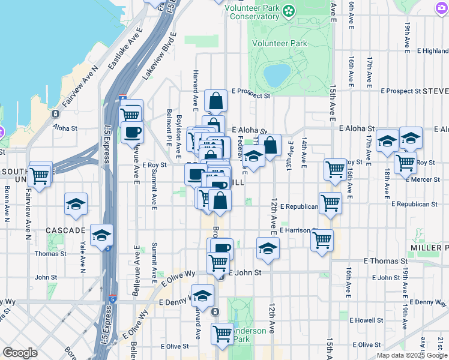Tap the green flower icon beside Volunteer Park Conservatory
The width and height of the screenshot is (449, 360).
tap(289, 10)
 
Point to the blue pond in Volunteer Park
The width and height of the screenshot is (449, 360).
tap(276, 75)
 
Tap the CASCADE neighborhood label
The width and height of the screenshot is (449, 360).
tap(65, 230)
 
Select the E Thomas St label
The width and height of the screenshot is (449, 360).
tap(386, 261)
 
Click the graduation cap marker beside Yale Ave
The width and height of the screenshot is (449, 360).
tap(76, 204)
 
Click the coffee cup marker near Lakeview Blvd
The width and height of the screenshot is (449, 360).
tap(132, 131)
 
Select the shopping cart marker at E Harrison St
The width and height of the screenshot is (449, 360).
tap(322, 241)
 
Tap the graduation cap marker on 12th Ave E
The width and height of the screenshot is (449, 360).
tap(268, 248)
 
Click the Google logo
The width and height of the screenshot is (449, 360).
tap(20, 353)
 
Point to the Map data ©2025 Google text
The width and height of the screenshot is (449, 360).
tap(412, 355)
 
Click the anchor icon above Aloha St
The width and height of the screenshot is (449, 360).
tap(56, 114)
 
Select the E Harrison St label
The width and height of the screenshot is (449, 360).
tap(297, 230)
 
